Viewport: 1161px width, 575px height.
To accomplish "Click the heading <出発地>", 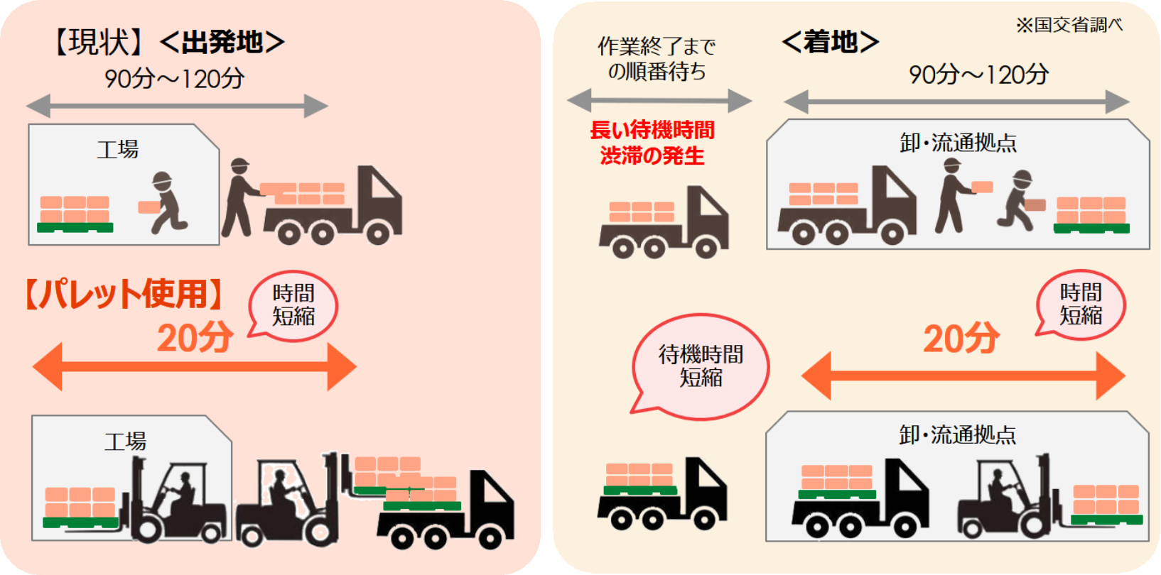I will [x=222, y=43].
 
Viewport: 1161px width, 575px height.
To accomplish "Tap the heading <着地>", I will [x=830, y=43].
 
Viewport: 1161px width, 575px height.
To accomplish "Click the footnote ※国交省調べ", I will [x=1069, y=25].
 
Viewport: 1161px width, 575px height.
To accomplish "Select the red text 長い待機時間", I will [x=652, y=130].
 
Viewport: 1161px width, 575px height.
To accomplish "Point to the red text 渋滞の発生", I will [x=652, y=155].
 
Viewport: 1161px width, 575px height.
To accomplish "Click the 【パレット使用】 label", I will [x=124, y=294].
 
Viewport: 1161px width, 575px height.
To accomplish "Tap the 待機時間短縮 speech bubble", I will [x=701, y=366].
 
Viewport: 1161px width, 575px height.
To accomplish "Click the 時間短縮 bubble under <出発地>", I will [x=293, y=305].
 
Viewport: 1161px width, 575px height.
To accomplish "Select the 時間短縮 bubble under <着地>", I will [x=1081, y=304].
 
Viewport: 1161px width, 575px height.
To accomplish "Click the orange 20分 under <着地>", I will [x=961, y=339].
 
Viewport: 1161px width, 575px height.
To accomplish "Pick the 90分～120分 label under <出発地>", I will [x=174, y=78].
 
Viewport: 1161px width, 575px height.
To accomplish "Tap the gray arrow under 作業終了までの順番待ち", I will [x=659, y=101].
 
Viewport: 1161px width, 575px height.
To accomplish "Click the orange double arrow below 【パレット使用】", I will [x=194, y=366].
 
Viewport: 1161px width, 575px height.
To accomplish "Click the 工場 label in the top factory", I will [x=118, y=149].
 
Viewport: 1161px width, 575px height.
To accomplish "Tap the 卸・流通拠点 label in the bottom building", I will [x=957, y=434].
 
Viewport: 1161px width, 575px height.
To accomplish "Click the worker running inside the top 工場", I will [x=166, y=202].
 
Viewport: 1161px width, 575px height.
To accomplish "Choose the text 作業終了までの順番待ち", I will [x=657, y=59].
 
